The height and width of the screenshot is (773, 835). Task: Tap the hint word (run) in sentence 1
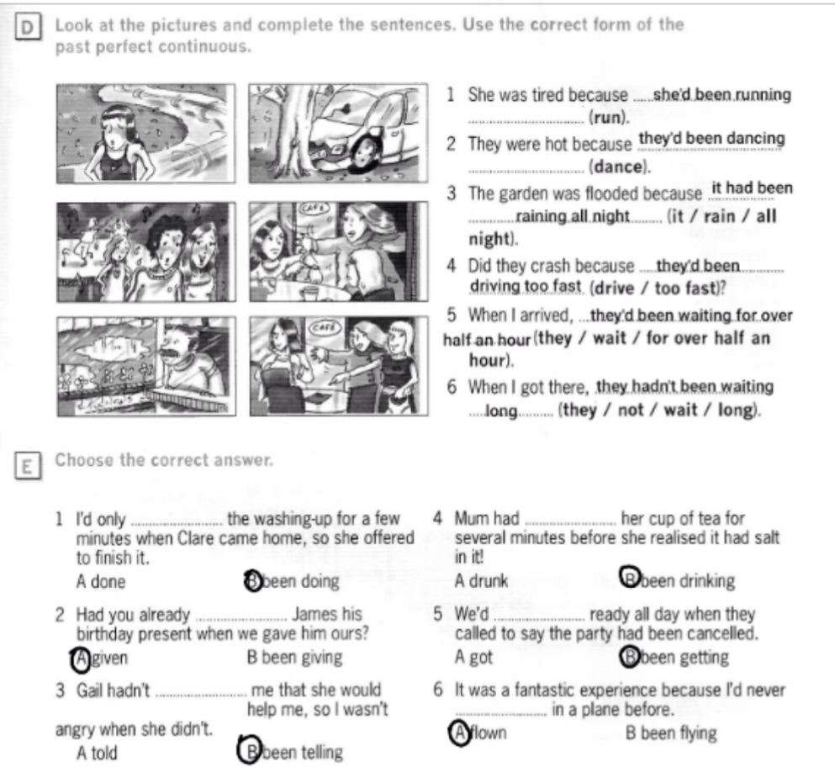(609, 117)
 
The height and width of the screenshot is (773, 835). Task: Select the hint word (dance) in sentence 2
(620, 167)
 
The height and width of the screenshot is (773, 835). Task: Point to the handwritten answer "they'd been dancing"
(711, 139)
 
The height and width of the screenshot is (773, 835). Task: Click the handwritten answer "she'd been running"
(722, 95)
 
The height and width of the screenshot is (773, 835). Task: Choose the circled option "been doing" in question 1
(293, 580)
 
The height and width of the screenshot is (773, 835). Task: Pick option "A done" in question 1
(101, 581)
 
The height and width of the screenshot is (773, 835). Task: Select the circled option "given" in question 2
(100, 659)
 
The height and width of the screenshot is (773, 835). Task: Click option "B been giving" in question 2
(294, 658)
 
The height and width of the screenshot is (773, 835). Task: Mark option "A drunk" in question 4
(481, 580)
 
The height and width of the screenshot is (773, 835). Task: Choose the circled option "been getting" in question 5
(674, 657)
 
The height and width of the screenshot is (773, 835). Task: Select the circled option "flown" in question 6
(478, 733)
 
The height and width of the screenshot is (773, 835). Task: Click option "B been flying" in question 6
(671, 733)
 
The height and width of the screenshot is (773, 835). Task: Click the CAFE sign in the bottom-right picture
(325, 328)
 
